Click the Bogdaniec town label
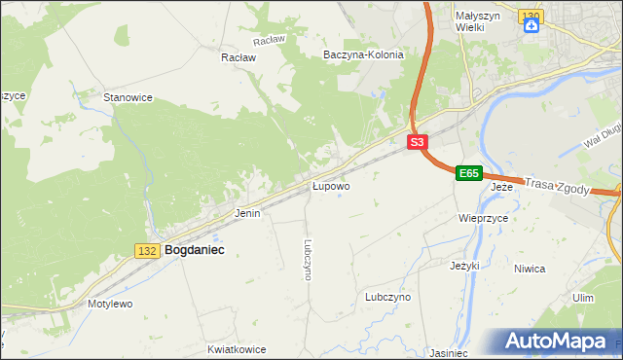click(195, 250)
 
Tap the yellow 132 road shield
click(147, 251)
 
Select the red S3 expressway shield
click(417, 142)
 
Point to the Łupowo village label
click(331, 185)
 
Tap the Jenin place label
click(247, 212)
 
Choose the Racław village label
click(238, 57)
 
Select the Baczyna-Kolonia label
click(363, 55)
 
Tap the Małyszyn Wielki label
click(477, 20)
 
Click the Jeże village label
click(501, 187)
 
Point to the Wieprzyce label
click(484, 219)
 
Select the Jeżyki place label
click(465, 265)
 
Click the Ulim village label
click(583, 298)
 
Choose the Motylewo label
click(110, 304)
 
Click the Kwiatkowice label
click(237, 348)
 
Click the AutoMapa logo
click(560, 342)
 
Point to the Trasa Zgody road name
click(557, 186)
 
